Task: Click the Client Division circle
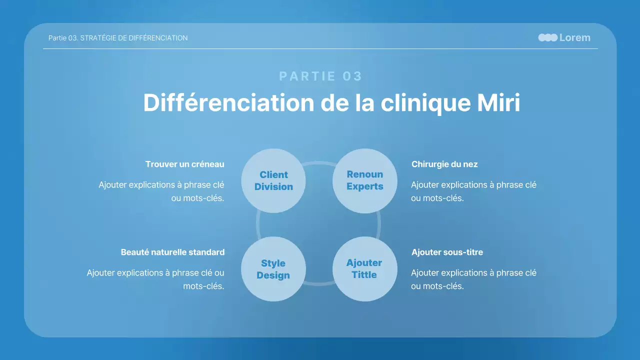[273, 180]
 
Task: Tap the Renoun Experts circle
[365, 180]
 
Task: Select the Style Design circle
[273, 269]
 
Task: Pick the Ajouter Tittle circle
[365, 269]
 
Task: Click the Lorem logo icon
[547, 37]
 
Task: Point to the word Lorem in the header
[574, 37]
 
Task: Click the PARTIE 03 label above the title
[320, 76]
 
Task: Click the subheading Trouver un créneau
[184, 164]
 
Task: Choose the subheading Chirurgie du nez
[444, 164]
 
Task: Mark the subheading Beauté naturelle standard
[172, 252]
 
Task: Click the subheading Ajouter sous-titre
[447, 252]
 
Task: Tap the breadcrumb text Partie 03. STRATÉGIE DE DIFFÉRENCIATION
[118, 38]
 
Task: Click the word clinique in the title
[423, 103]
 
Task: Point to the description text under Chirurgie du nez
[473, 191]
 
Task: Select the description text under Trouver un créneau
[161, 191]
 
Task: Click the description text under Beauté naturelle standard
[155, 279]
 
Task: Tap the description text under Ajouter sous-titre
[473, 279]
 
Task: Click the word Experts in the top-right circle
[365, 186]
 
